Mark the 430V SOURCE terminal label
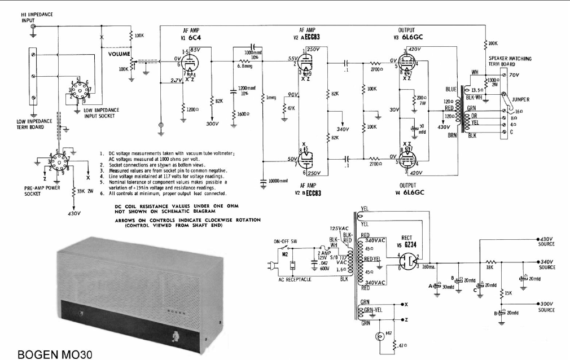point(546,242)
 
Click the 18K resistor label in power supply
point(490,269)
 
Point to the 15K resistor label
point(508,292)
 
